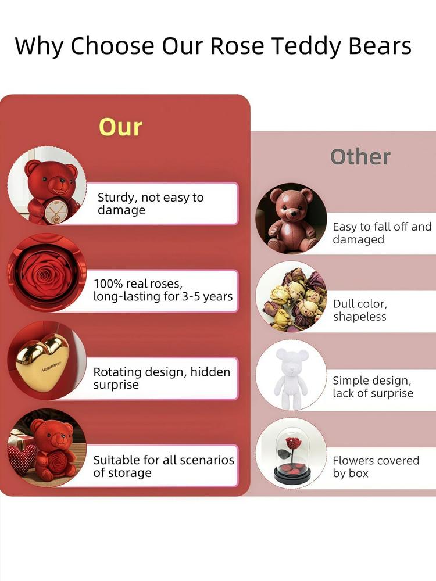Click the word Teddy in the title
tap(305, 47)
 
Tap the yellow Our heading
tap(120, 127)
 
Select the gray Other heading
tap(360, 157)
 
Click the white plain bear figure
tap(291, 378)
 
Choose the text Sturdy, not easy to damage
tap(151, 203)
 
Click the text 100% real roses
tap(138, 284)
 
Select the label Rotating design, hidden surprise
tap(162, 378)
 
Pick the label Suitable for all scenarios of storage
tap(163, 466)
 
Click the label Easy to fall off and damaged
tap(382, 233)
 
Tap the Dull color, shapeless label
tap(360, 310)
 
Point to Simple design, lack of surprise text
tap(373, 386)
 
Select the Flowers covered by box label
tap(376, 467)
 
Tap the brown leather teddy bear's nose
tap(293, 213)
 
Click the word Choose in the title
tap(112, 46)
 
